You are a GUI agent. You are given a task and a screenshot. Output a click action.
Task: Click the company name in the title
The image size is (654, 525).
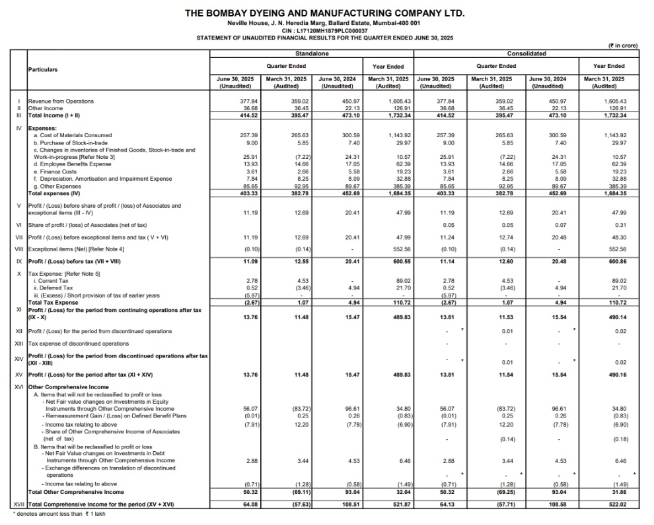324,13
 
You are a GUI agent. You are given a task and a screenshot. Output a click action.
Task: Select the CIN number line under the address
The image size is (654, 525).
324,30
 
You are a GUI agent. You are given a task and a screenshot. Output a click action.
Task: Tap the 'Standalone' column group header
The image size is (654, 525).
311,53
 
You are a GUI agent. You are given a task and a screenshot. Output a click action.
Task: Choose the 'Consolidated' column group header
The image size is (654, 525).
527,53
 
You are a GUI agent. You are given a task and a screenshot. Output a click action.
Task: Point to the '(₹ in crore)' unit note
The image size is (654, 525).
622,45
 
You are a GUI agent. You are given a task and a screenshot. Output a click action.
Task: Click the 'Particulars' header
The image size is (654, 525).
42,69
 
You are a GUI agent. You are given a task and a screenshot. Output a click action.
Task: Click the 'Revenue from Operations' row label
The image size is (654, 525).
61,101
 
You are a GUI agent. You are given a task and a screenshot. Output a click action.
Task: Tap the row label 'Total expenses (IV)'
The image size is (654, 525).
54,193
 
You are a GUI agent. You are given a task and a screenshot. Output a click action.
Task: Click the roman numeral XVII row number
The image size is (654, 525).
19,504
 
